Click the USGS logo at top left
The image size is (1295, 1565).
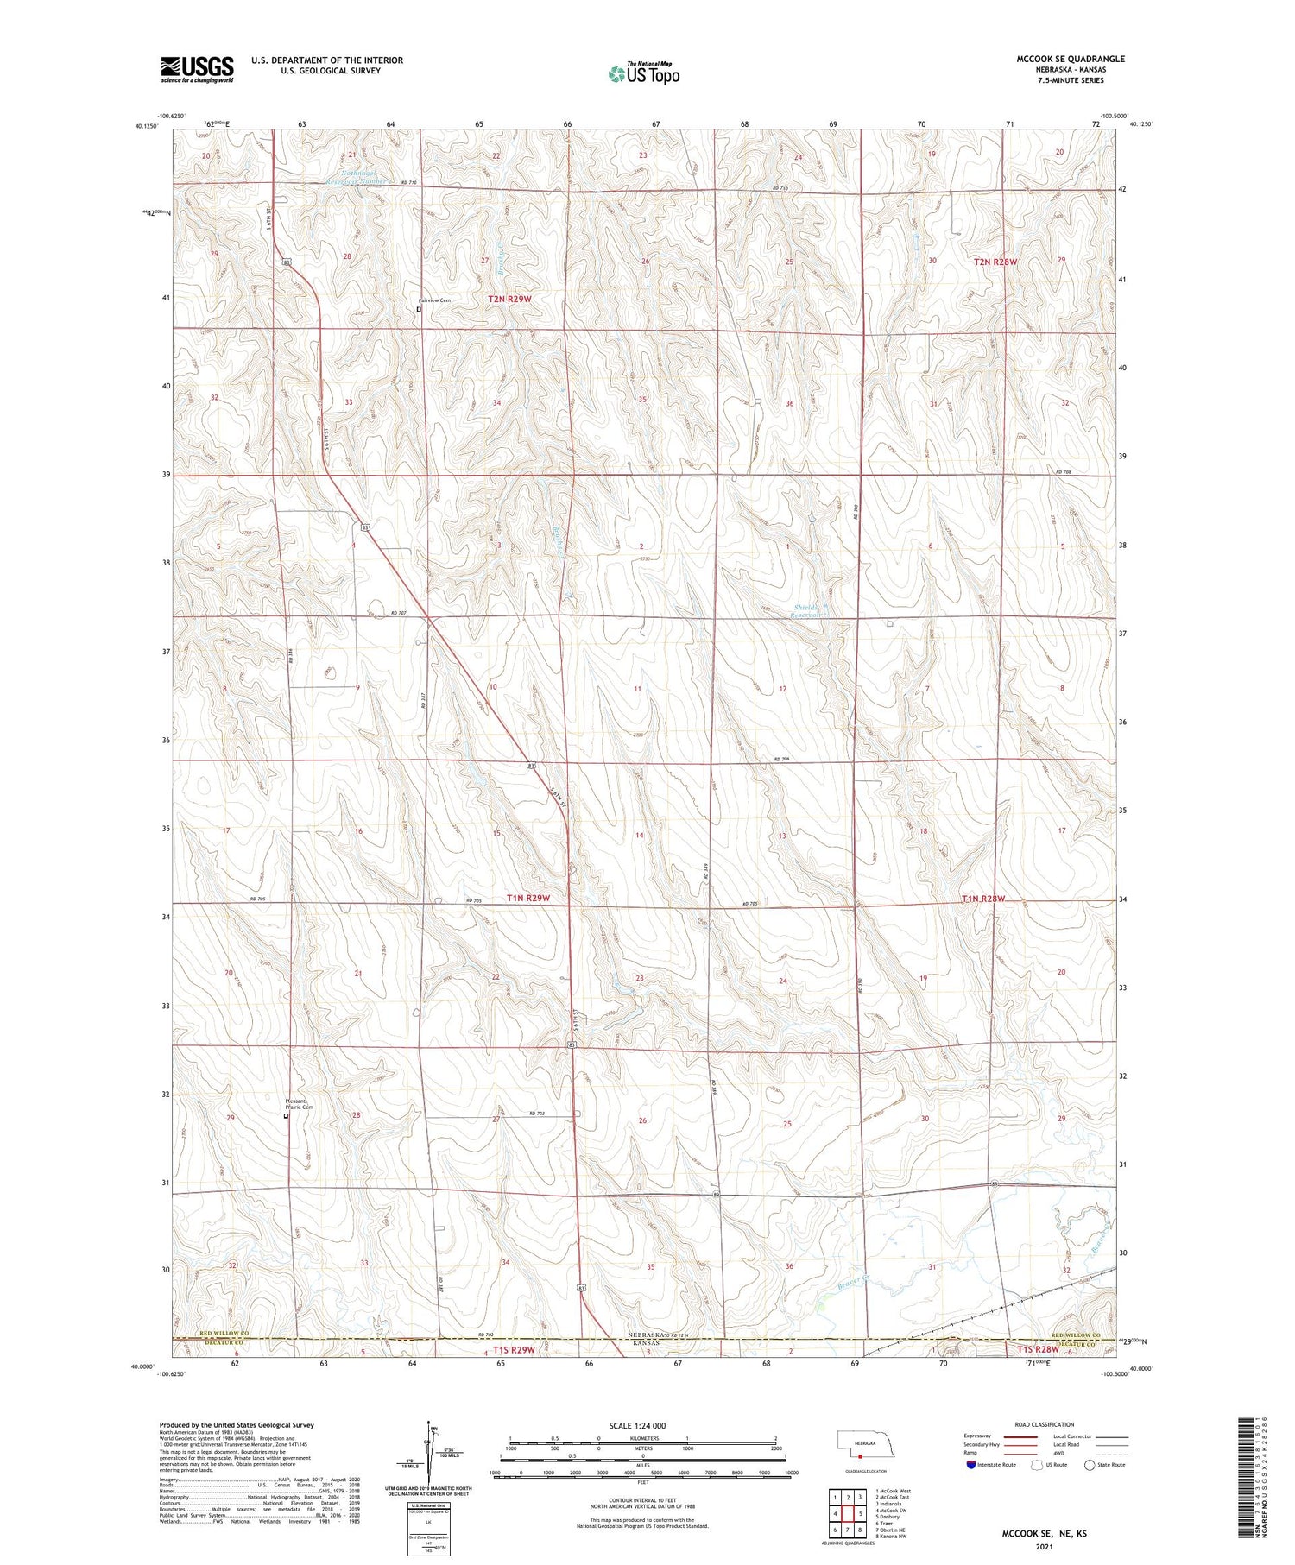197,69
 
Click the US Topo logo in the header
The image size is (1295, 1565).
643,74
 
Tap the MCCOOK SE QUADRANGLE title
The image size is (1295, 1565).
1070,59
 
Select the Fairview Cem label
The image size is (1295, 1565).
434,300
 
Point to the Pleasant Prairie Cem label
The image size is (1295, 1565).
299,1104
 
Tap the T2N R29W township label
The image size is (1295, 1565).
509,299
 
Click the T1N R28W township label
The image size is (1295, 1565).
983,899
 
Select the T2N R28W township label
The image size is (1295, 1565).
995,261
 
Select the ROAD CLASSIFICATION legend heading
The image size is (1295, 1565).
1044,1424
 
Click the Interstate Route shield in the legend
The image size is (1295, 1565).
971,1465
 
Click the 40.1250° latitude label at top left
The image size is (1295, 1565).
146,126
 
